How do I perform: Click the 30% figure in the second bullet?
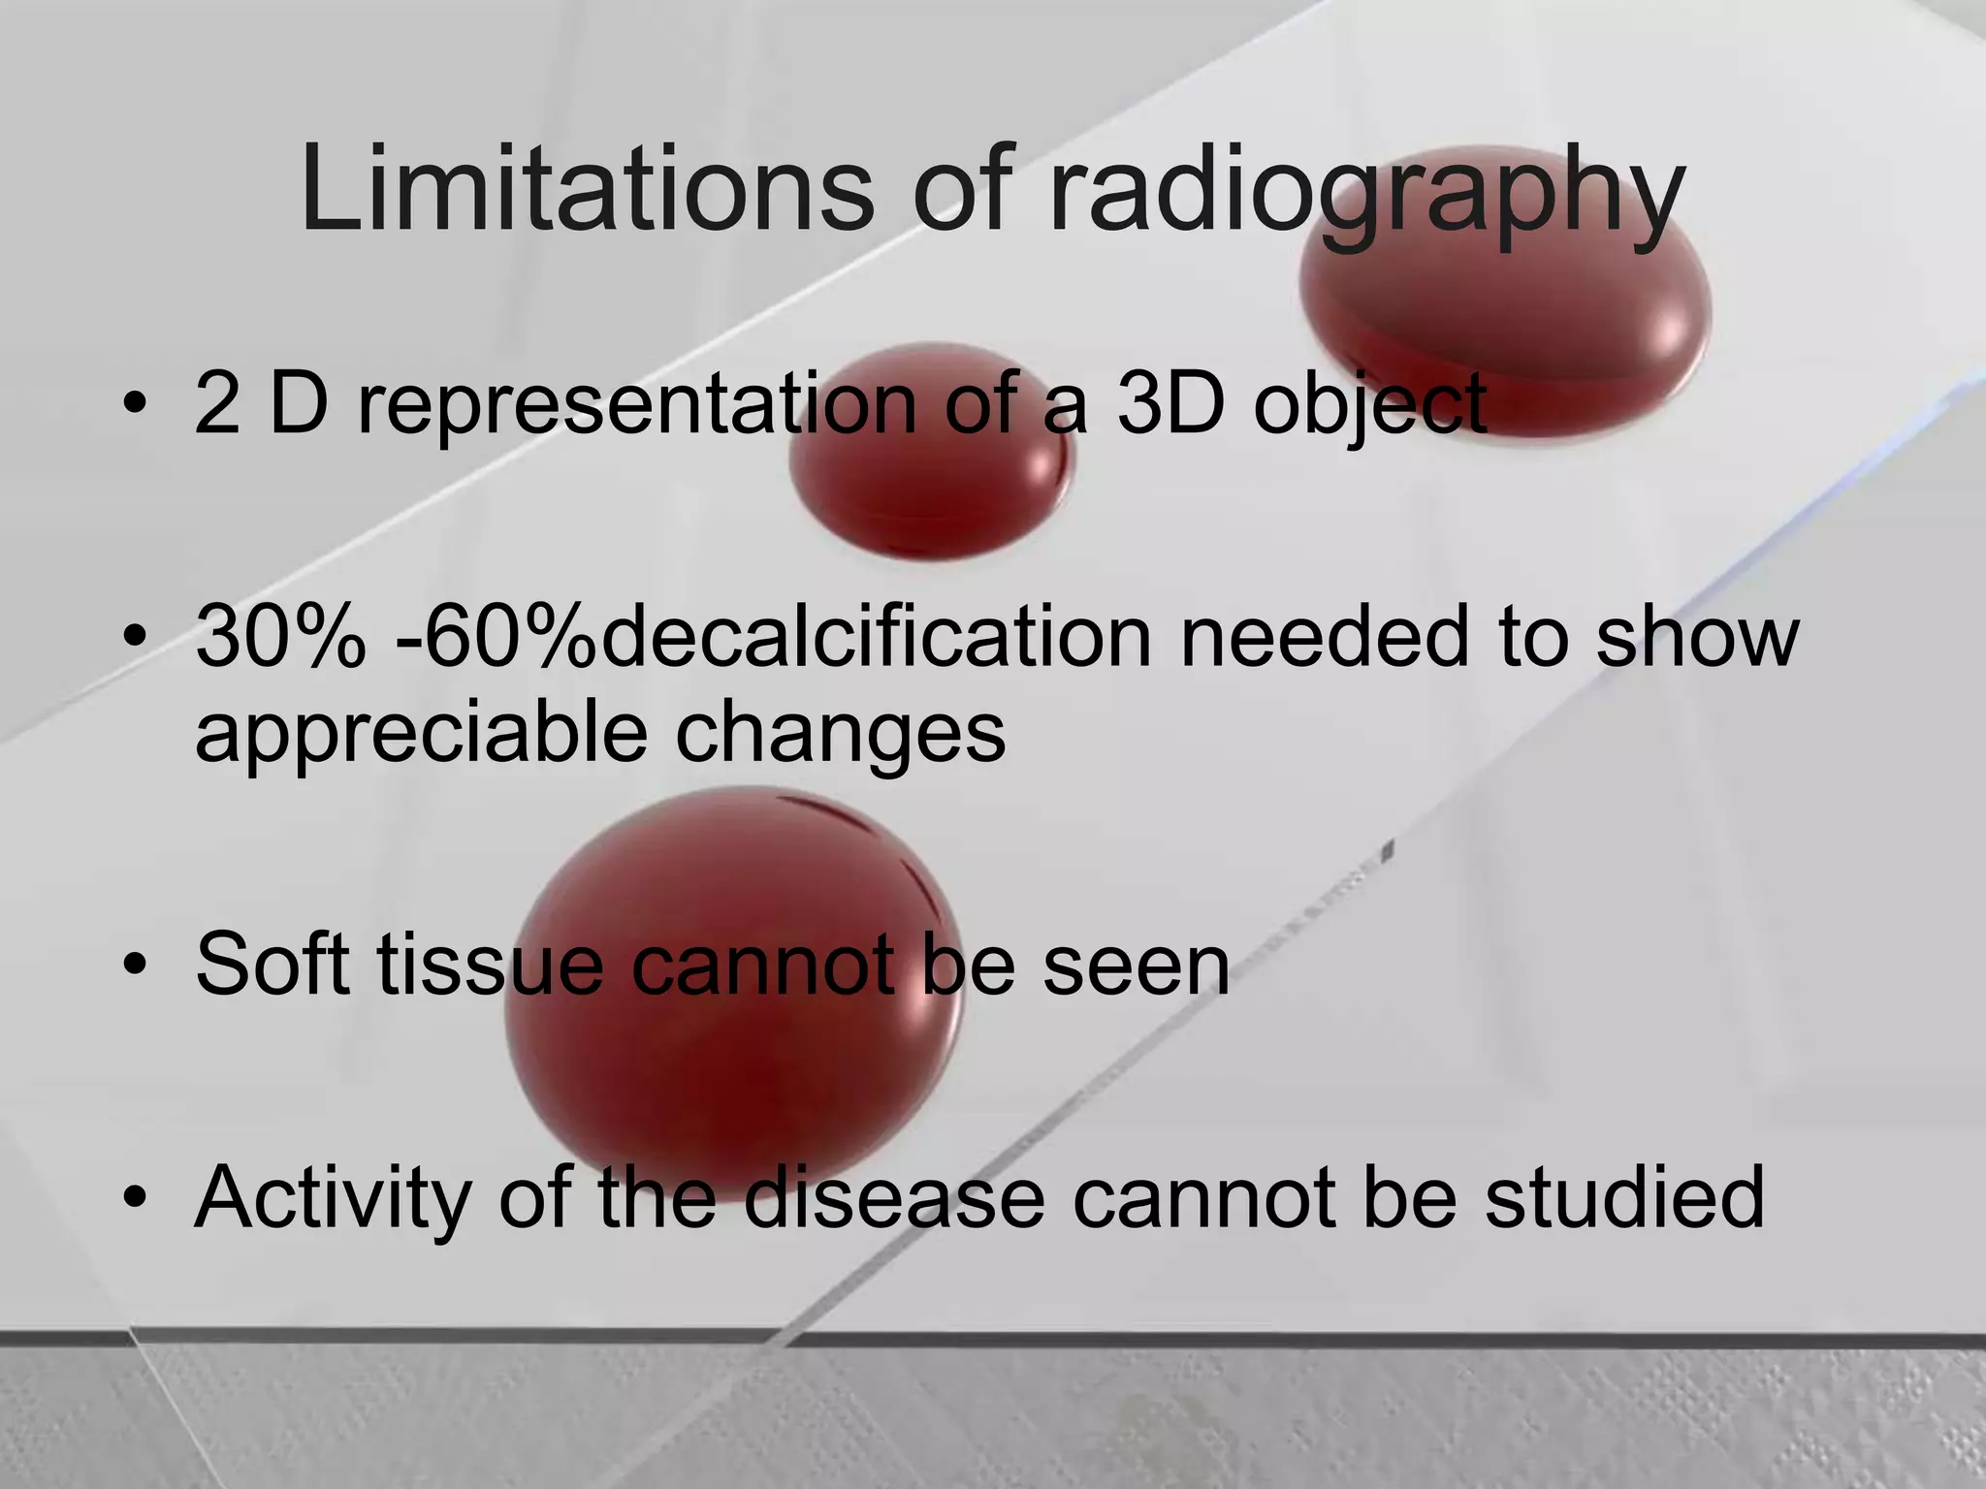click(x=281, y=637)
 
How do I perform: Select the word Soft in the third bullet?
click(x=272, y=964)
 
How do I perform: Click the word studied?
click(x=1624, y=1198)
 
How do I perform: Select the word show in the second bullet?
click(x=1697, y=637)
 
